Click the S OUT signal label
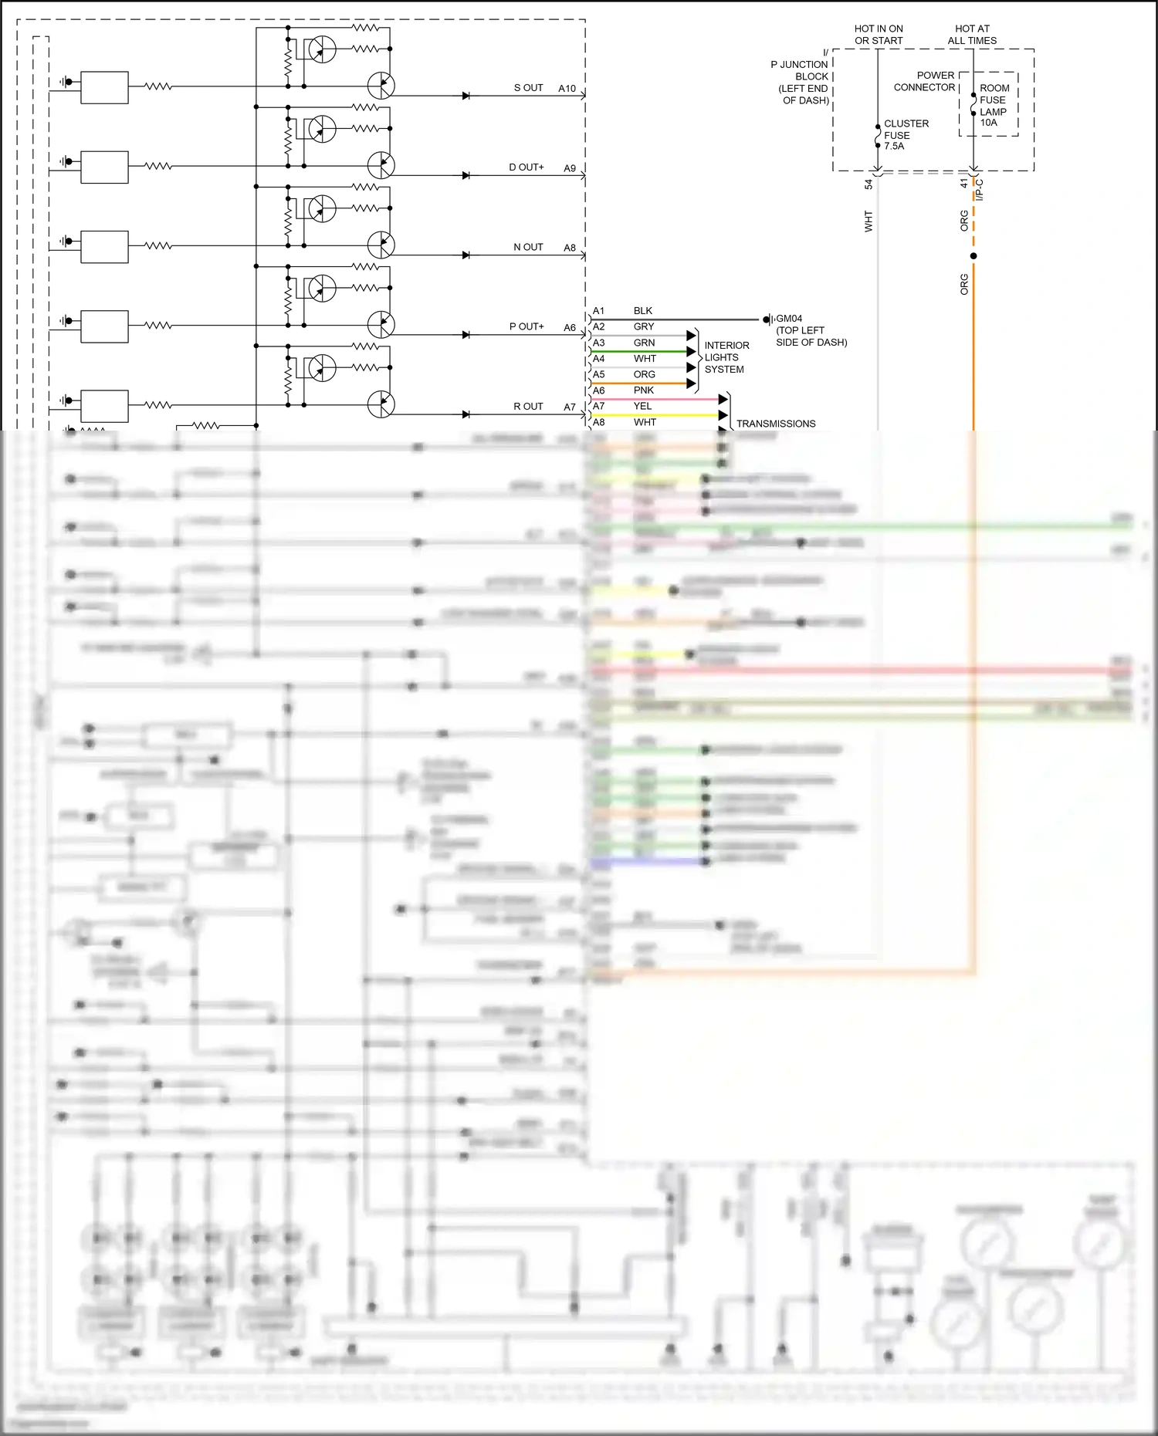(x=528, y=88)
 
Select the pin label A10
(x=567, y=89)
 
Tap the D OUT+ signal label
(x=526, y=167)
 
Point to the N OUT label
(x=528, y=247)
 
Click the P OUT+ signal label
(x=526, y=326)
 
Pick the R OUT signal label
(x=528, y=407)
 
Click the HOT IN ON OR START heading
(x=878, y=35)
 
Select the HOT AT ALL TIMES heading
(x=972, y=35)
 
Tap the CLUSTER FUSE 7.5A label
(x=905, y=135)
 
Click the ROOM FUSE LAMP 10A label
(x=994, y=105)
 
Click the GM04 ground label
(x=789, y=319)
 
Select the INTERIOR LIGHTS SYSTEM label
(x=726, y=357)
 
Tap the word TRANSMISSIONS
(x=775, y=424)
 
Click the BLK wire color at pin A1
(x=642, y=311)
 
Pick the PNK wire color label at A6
(x=643, y=390)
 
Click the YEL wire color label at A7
(x=642, y=407)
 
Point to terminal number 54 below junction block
(x=868, y=184)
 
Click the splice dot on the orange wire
(x=973, y=255)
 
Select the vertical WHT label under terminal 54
(x=868, y=221)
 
